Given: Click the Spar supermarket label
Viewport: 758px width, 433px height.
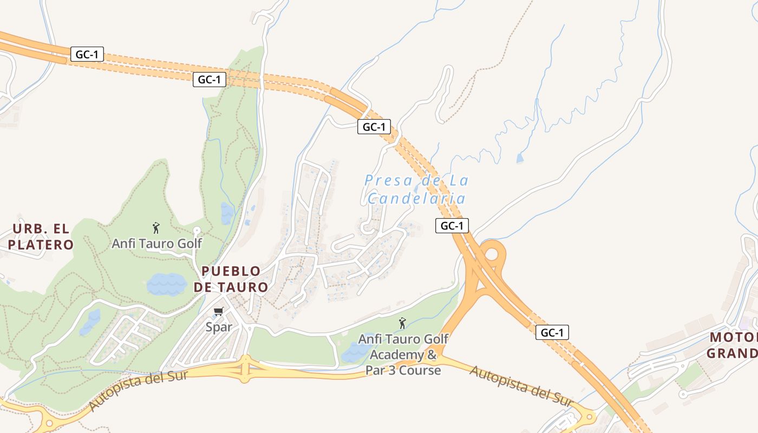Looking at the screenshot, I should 219,327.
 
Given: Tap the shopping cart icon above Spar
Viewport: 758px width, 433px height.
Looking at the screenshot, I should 219,311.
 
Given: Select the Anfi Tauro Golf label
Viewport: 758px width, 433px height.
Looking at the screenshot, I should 156,244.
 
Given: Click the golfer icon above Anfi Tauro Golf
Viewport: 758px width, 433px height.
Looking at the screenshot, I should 156,228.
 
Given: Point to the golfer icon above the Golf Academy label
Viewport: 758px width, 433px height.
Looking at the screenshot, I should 402,323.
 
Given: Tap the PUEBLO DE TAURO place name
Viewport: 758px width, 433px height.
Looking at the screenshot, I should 231,279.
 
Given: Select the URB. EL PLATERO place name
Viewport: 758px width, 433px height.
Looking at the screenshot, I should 41,237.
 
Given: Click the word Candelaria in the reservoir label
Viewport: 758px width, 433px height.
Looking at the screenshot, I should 416,199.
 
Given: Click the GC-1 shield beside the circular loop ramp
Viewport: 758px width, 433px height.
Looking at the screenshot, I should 452,226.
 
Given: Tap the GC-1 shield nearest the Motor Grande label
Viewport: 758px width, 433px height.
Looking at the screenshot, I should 552,332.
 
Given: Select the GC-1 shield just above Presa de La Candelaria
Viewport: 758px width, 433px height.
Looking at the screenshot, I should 374,127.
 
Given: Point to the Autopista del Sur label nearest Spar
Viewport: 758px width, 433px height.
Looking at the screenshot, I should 138,389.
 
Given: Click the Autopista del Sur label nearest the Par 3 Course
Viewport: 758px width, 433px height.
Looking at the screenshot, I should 521,386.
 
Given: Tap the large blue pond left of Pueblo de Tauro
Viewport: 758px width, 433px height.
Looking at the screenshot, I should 166,284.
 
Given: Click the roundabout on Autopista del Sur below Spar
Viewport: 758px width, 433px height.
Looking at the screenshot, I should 245,370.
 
